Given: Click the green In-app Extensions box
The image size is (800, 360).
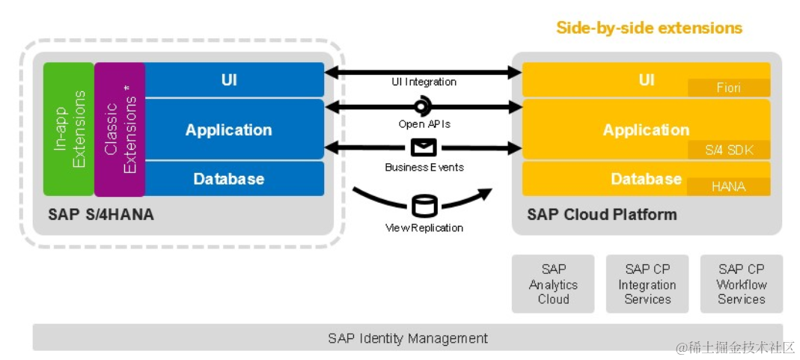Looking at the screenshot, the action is click(69, 129).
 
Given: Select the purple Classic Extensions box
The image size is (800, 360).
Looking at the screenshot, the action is click(120, 129).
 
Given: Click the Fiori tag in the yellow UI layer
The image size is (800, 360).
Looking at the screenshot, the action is click(729, 88).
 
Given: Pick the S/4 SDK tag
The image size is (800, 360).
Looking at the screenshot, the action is click(729, 150).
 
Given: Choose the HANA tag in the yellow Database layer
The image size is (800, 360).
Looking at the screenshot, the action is click(729, 186).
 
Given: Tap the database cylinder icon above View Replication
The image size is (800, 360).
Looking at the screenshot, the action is click(424, 206).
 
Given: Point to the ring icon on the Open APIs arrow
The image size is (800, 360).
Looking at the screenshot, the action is click(422, 106).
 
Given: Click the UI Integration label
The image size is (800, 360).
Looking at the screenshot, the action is click(424, 82).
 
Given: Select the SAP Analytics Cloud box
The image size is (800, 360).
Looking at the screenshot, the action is click(553, 284).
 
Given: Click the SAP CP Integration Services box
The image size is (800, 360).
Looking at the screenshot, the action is click(647, 284).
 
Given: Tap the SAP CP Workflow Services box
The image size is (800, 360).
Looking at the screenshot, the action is click(742, 284).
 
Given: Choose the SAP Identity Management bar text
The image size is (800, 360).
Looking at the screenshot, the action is click(408, 338).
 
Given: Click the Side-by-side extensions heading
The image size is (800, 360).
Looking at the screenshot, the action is click(649, 27).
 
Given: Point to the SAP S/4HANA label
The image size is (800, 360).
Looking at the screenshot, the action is click(101, 214).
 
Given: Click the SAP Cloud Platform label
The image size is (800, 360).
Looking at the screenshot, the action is click(602, 214).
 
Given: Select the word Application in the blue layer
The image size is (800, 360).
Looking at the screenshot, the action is click(228, 129).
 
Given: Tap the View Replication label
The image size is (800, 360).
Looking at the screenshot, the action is click(424, 228).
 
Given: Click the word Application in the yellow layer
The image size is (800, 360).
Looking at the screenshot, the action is click(647, 129).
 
